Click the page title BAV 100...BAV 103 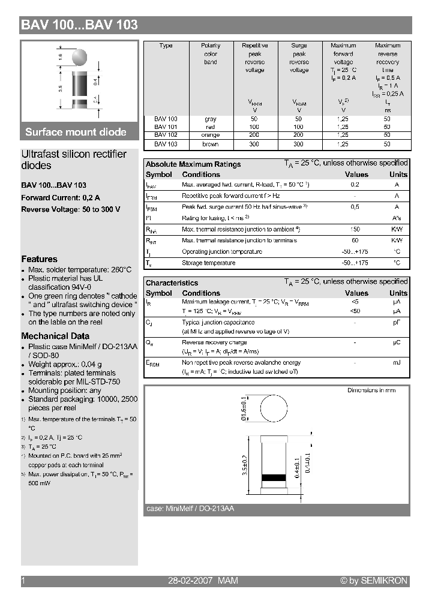click(80, 25)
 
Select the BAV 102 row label click(166, 136)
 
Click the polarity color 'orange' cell click(210, 136)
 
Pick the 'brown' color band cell click(210, 144)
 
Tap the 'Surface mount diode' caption click(76, 132)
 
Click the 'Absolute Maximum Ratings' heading click(193, 164)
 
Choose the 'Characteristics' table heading click(172, 283)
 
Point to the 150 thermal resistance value click(355, 230)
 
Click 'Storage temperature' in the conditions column click(209, 263)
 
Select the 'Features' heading click(39, 259)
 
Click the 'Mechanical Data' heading click(55, 336)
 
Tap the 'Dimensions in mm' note click(371, 390)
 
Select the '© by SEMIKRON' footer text click(374, 581)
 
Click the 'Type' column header click(166, 46)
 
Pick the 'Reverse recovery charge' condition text click(214, 342)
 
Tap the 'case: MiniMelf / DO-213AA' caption click(190, 509)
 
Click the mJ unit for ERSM click(397, 363)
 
